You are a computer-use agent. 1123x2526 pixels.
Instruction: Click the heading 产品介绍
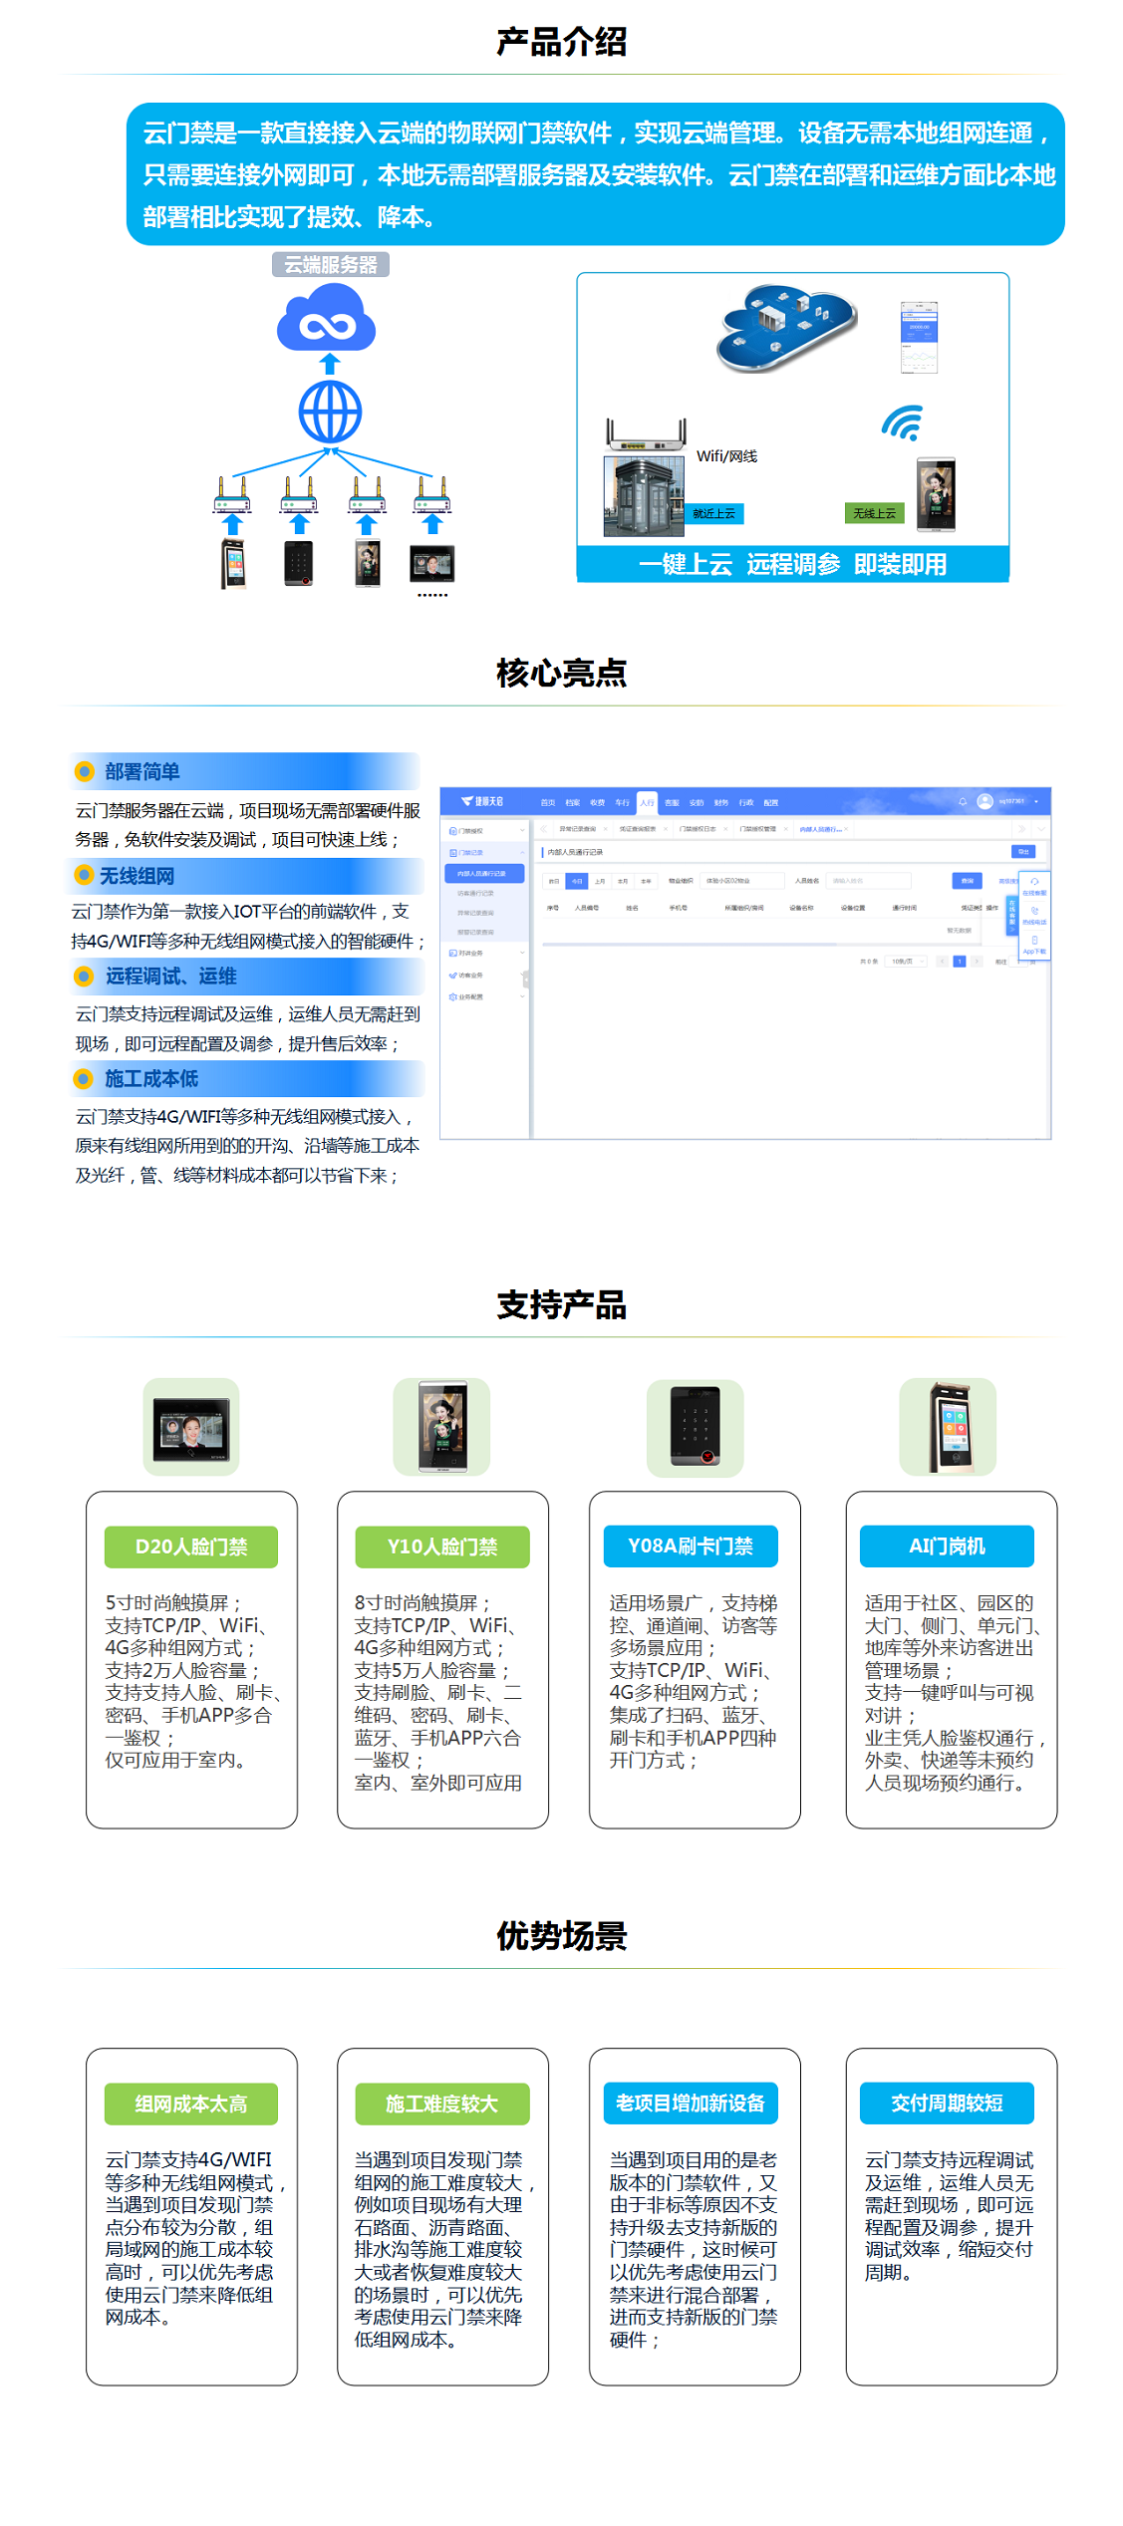pos(561,42)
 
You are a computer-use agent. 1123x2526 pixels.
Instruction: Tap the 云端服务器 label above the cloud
pos(331,265)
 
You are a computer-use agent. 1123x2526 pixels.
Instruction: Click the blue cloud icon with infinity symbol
pos(326,318)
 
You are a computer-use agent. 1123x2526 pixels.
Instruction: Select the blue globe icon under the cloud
pos(330,413)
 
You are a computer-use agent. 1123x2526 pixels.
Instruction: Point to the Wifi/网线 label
pos(726,456)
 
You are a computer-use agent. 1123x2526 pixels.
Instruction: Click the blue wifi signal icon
pos(903,422)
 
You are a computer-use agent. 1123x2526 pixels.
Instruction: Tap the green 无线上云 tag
pos(874,513)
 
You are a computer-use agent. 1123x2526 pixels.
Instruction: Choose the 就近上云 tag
pos(714,513)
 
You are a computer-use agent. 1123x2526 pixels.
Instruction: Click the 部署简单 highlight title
pos(142,772)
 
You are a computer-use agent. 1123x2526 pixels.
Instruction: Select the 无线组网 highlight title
pos(137,876)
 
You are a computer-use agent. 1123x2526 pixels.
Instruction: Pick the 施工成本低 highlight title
pos(151,1079)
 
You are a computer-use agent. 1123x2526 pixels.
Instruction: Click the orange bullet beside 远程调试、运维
pos(85,977)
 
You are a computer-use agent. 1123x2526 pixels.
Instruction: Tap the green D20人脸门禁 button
pos(191,1546)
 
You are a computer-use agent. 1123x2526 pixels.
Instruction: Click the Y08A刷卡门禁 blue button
pos(691,1545)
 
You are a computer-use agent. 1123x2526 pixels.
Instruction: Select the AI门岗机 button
pos(947,1545)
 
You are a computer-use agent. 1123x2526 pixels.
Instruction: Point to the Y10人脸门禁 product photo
pos(442,1427)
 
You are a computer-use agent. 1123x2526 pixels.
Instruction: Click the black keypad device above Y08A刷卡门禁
pos(695,1427)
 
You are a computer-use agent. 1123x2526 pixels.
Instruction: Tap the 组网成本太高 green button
pos(191,2104)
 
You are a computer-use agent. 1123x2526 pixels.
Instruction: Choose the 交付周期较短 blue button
pos(947,2103)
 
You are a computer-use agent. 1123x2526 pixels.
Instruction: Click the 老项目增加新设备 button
pos(691,2103)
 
